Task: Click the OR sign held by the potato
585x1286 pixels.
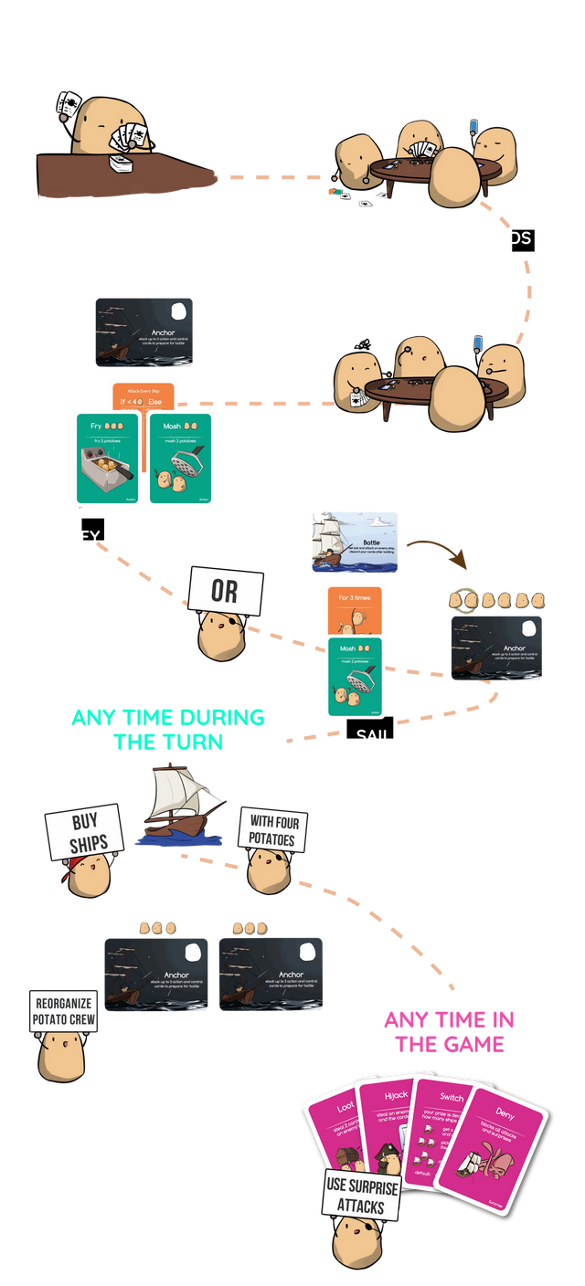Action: [x=225, y=591]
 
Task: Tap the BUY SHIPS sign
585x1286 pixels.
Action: [x=83, y=830]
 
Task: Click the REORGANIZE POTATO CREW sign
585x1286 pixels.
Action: [x=63, y=1011]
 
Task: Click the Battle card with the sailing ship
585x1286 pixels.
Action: [x=355, y=542]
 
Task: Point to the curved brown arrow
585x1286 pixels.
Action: [x=436, y=547]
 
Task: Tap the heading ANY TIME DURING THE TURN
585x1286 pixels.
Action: [x=167, y=729]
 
